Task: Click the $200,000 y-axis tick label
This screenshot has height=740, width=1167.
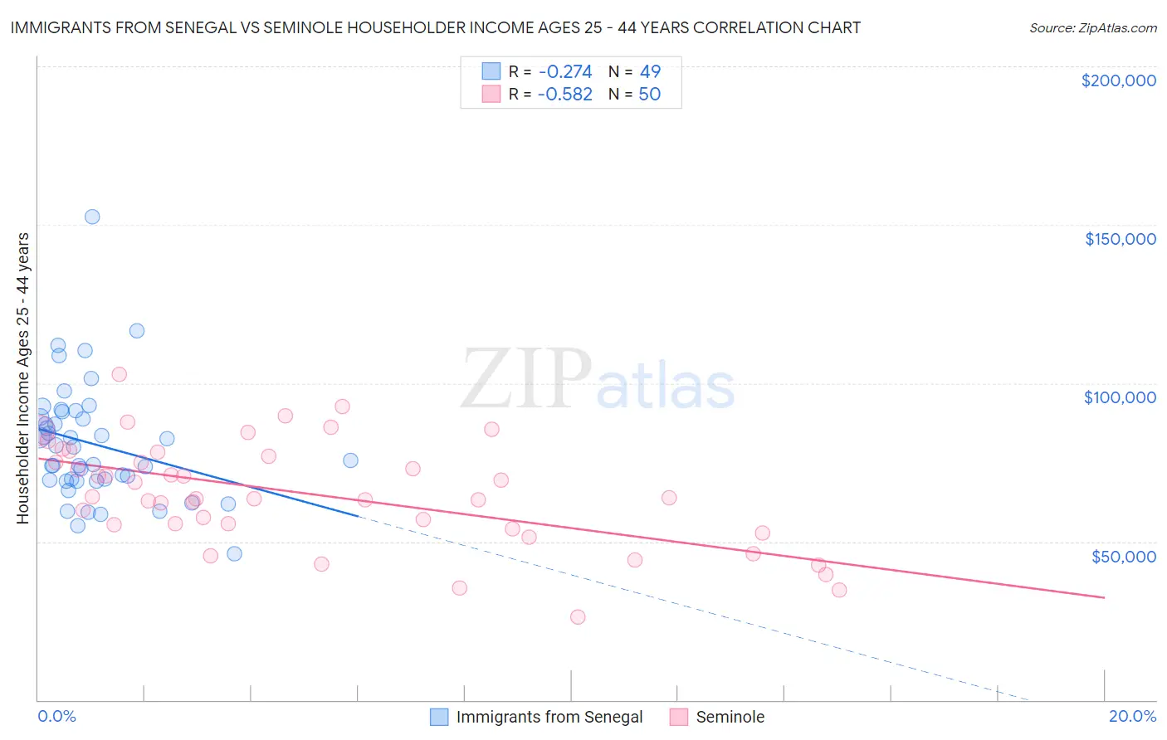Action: coord(1118,80)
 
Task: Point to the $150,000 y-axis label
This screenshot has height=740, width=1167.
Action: coord(1120,239)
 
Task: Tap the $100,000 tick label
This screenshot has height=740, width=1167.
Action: coord(1120,397)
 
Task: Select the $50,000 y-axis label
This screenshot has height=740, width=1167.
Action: coord(1123,556)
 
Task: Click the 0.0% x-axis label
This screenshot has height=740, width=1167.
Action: coord(56,716)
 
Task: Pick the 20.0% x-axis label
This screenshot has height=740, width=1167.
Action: coord(1132,716)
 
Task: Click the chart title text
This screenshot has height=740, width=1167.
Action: coord(435,27)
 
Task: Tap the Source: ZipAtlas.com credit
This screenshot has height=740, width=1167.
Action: coord(1092,27)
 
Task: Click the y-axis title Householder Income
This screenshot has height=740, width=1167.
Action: coord(22,378)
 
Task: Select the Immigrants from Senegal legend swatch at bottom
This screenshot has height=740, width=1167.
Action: coord(439,717)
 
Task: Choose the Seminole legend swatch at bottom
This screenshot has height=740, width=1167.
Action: coord(679,717)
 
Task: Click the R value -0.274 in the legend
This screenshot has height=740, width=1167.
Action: coord(564,71)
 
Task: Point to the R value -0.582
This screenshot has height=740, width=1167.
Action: coord(564,95)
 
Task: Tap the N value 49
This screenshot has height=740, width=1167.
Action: coord(650,71)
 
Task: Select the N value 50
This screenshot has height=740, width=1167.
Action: coord(650,95)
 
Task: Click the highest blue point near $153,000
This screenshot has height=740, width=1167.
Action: coord(92,217)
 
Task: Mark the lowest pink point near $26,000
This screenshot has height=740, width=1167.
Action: coord(578,617)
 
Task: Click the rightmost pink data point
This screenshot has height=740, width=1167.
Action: coord(839,590)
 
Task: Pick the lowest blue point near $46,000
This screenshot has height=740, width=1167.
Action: coord(234,553)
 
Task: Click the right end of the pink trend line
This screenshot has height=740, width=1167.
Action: coord(1104,597)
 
